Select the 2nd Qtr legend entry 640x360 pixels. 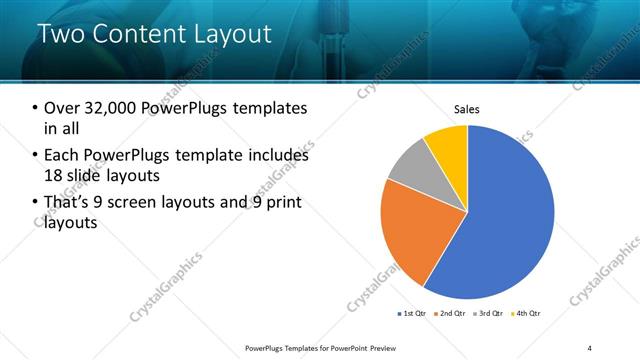451,314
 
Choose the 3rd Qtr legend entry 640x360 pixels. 490,314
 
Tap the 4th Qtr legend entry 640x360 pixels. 527,314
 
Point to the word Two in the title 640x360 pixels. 60,34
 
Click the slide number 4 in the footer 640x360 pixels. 590,347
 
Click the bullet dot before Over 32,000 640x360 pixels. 35,108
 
